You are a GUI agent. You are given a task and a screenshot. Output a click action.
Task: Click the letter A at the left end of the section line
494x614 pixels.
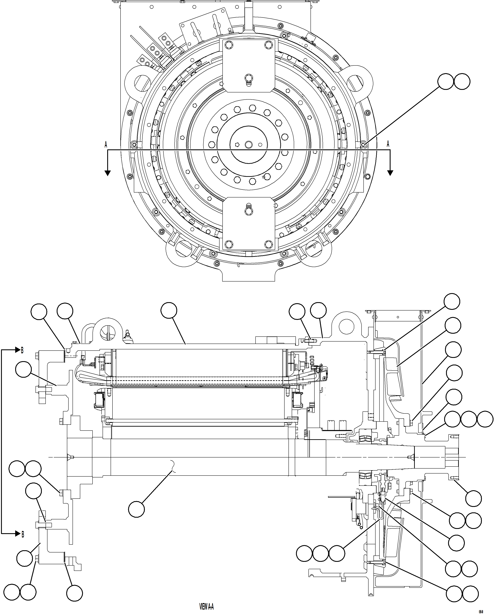click(106, 144)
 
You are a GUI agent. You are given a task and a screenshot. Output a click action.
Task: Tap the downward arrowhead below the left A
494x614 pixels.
click(108, 173)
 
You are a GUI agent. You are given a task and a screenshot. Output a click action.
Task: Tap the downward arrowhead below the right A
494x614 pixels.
click(390, 173)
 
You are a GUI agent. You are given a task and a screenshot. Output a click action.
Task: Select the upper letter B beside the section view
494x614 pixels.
click(22, 350)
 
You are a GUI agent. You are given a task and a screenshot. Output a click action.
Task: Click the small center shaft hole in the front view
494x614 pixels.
click(248, 144)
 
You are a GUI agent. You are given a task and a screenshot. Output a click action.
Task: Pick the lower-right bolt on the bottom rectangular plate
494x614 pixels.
click(269, 244)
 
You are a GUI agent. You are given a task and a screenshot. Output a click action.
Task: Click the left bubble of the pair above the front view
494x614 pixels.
click(446, 82)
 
